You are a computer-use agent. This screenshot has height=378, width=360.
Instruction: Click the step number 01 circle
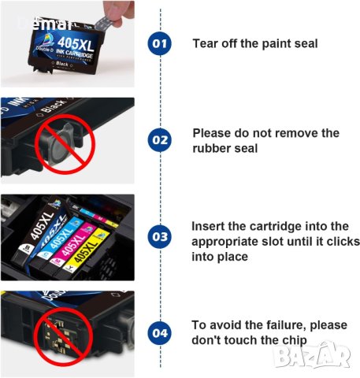click(x=160, y=43)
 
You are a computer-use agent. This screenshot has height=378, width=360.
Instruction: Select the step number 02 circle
click(x=160, y=140)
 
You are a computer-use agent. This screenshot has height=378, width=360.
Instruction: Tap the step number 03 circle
click(x=160, y=235)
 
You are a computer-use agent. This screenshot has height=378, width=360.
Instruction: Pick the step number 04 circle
click(x=160, y=333)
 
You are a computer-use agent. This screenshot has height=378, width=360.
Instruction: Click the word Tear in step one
click(x=206, y=43)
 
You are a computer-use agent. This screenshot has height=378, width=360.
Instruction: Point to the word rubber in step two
click(x=212, y=147)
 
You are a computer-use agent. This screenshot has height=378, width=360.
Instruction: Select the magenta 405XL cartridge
click(x=69, y=240)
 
